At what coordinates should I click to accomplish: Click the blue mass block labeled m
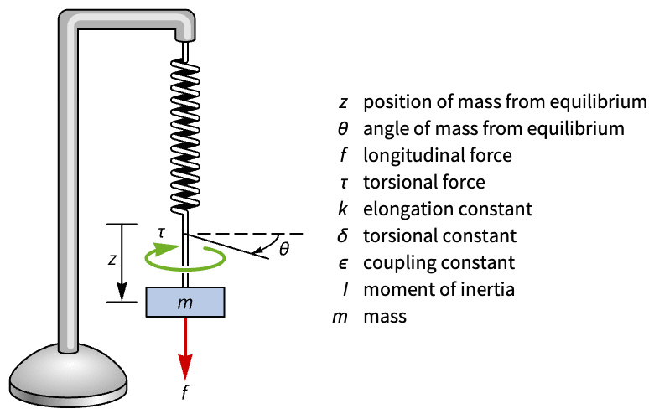184,302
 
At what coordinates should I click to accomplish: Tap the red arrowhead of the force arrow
184,367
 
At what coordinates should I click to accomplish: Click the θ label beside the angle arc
284,249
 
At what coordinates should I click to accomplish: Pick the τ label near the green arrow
161,230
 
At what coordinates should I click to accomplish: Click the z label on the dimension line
112,260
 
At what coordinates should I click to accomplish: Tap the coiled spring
184,134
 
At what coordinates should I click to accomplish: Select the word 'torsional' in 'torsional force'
396,182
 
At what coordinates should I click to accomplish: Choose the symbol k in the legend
343,209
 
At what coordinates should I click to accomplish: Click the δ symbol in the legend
343,235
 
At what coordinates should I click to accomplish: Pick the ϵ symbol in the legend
343,263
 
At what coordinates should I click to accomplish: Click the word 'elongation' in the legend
400,209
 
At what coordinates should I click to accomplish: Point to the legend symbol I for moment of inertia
343,290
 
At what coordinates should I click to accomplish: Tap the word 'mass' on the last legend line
384,318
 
